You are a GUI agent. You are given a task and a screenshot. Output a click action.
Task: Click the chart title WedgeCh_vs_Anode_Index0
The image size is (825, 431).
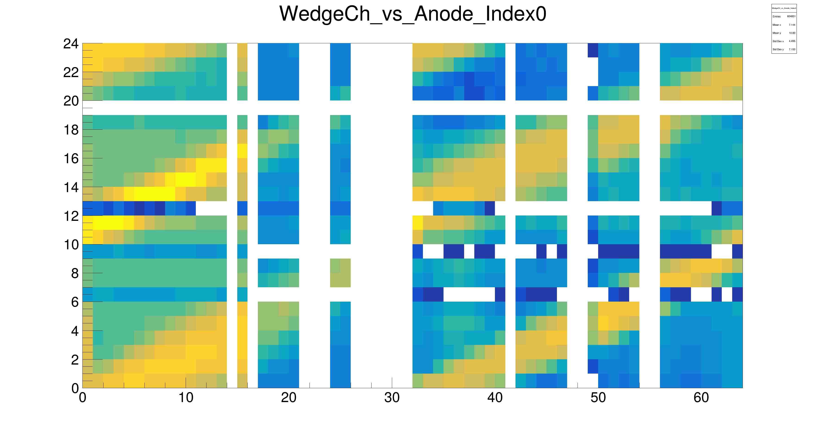tap(412, 14)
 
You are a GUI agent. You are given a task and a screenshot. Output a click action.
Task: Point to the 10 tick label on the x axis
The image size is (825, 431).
tap(186, 398)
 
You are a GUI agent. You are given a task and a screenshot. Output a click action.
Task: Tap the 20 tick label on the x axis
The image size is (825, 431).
tap(289, 398)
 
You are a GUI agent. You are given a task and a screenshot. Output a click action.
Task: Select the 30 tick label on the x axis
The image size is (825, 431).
tap(392, 398)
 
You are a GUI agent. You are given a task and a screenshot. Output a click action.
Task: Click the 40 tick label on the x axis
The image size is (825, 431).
tap(495, 398)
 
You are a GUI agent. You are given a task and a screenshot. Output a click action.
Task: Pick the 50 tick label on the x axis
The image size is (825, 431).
tap(598, 398)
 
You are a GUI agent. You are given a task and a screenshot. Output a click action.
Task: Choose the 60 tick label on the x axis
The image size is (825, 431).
tap(701, 398)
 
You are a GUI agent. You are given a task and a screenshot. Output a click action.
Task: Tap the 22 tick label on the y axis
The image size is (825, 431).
tap(71, 73)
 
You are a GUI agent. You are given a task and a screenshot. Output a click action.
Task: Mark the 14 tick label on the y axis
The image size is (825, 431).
tap(71, 187)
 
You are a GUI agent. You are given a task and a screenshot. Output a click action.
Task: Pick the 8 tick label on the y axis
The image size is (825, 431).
tap(75, 273)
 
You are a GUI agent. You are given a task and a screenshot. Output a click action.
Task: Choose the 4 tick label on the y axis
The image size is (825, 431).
tap(75, 331)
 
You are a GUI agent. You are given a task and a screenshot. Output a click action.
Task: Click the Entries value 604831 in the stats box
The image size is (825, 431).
tap(791, 16)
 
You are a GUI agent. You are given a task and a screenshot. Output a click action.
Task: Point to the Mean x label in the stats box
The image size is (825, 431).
tap(777, 25)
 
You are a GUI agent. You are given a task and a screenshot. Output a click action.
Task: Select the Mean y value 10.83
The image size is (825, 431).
tap(792, 33)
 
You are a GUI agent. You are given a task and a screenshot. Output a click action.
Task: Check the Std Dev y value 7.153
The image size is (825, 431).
tap(792, 49)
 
